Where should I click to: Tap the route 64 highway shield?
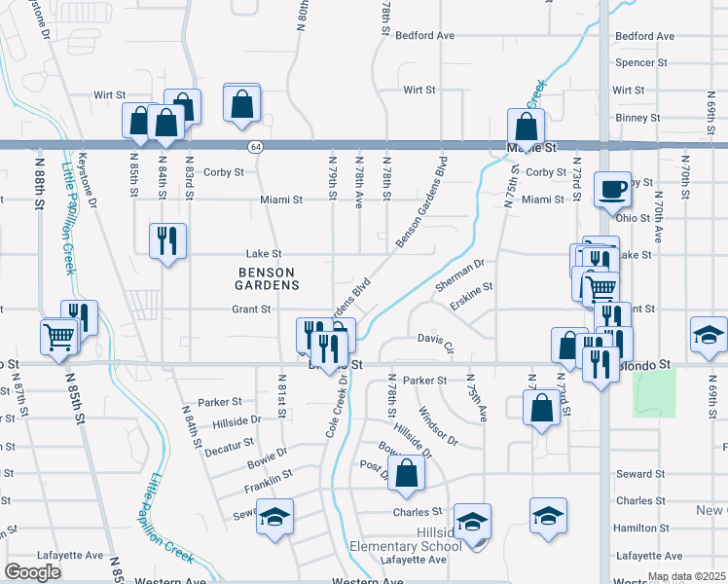(x=255, y=147)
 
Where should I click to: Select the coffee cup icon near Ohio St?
(x=613, y=190)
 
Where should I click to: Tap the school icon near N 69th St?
(x=709, y=335)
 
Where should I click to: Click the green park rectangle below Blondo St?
(x=653, y=393)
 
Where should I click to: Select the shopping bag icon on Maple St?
(x=526, y=126)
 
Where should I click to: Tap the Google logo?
(x=33, y=572)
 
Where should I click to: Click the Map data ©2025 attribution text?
(x=686, y=577)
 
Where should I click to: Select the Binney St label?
(x=637, y=118)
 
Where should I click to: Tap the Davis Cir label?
(x=436, y=342)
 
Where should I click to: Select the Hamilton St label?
(x=639, y=528)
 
